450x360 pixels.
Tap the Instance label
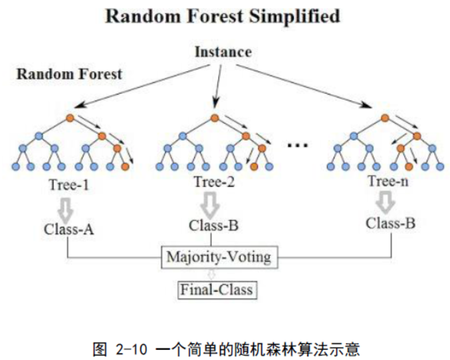coord(223,51)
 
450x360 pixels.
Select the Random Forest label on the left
coord(69,74)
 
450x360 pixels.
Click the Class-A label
coord(68,229)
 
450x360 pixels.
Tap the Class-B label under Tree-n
coord(391,223)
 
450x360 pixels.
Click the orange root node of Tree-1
coord(70,119)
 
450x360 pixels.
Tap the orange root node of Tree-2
coord(215,119)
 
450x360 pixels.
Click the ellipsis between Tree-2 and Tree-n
coord(298,144)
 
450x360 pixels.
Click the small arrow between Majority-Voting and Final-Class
coord(213,273)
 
